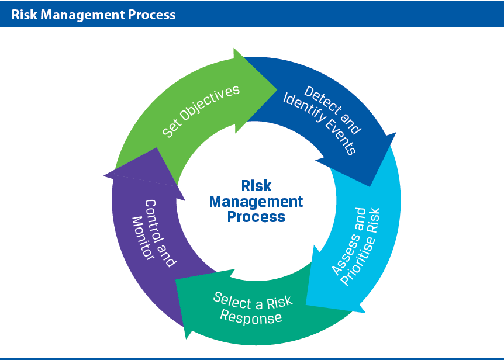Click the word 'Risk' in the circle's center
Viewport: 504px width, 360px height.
coord(256,186)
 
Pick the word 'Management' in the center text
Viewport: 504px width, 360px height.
coord(256,202)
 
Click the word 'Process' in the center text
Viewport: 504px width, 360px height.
coord(256,217)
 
